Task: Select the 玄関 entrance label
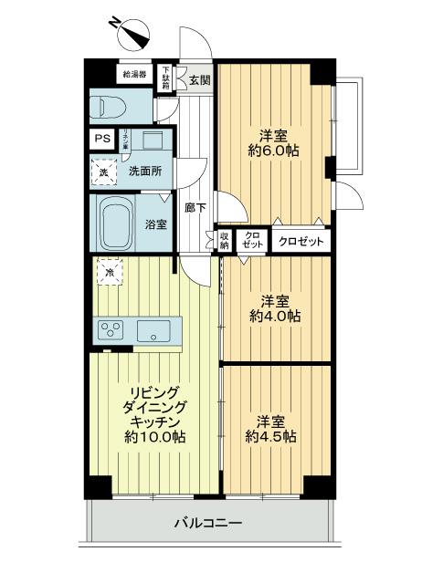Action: (199, 79)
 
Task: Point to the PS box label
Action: (102, 140)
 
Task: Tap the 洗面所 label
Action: (143, 171)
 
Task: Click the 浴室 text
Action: (156, 224)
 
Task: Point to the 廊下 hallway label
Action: (195, 207)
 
